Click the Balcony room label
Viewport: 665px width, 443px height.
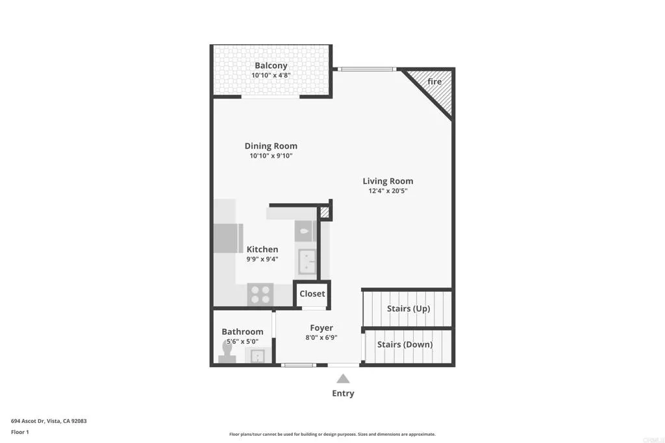pos(271,66)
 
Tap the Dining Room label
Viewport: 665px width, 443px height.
pos(271,146)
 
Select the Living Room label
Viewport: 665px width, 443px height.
pos(388,181)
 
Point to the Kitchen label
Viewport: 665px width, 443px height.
pos(262,249)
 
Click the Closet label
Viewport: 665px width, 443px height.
pos(312,294)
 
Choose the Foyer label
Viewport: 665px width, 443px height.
pos(321,328)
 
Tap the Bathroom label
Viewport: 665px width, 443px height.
pos(242,331)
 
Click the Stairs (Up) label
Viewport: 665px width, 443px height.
pos(408,309)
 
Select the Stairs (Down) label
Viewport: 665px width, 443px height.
pos(405,344)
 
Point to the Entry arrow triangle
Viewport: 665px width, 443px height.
pos(343,379)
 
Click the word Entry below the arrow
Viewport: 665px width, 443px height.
pos(343,393)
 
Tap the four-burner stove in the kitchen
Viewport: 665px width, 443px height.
pos(261,294)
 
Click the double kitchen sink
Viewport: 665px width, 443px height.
pos(307,262)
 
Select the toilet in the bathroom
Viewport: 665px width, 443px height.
pos(227,350)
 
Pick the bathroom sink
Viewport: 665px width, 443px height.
pos(257,355)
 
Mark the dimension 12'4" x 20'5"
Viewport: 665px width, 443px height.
pos(388,191)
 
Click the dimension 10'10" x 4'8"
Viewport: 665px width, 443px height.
pos(271,75)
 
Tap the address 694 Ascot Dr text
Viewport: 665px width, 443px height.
pos(49,421)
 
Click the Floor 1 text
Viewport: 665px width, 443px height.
pos(20,431)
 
